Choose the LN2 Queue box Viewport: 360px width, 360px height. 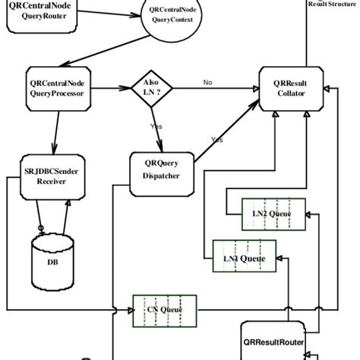(273, 214)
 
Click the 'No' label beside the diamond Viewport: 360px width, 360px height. (207, 82)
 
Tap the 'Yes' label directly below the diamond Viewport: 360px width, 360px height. (156, 126)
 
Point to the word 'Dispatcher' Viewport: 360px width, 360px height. (161, 179)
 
